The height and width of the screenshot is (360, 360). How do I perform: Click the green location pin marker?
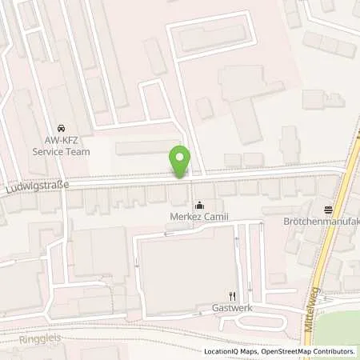pyautogui.click(x=181, y=161)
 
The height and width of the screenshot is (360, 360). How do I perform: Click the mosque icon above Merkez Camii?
pyautogui.click(x=199, y=204)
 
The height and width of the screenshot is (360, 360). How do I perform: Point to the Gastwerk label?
pyautogui.click(x=233, y=307)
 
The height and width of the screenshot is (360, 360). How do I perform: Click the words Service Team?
pyautogui.click(x=61, y=151)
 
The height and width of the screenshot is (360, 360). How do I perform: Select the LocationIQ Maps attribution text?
pyautogui.click(x=230, y=351)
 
